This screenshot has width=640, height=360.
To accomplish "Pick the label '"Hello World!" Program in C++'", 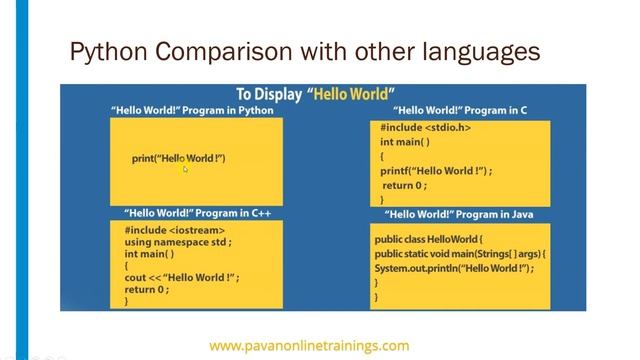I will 197,213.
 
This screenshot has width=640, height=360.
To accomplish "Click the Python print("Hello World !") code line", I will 178,159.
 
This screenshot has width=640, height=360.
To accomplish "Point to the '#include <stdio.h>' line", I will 424,128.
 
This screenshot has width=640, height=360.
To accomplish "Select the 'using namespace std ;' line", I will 178,241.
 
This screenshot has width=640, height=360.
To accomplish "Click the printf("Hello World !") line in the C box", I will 436,171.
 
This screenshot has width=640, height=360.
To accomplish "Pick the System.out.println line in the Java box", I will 454,269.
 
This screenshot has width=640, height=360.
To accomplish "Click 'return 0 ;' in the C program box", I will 405,185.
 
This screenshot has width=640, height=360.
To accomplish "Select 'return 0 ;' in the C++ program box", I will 147,289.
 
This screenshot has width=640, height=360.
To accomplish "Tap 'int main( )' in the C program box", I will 405,142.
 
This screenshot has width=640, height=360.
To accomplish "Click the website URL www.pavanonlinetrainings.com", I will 308,345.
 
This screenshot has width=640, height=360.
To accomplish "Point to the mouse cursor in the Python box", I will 185,169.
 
